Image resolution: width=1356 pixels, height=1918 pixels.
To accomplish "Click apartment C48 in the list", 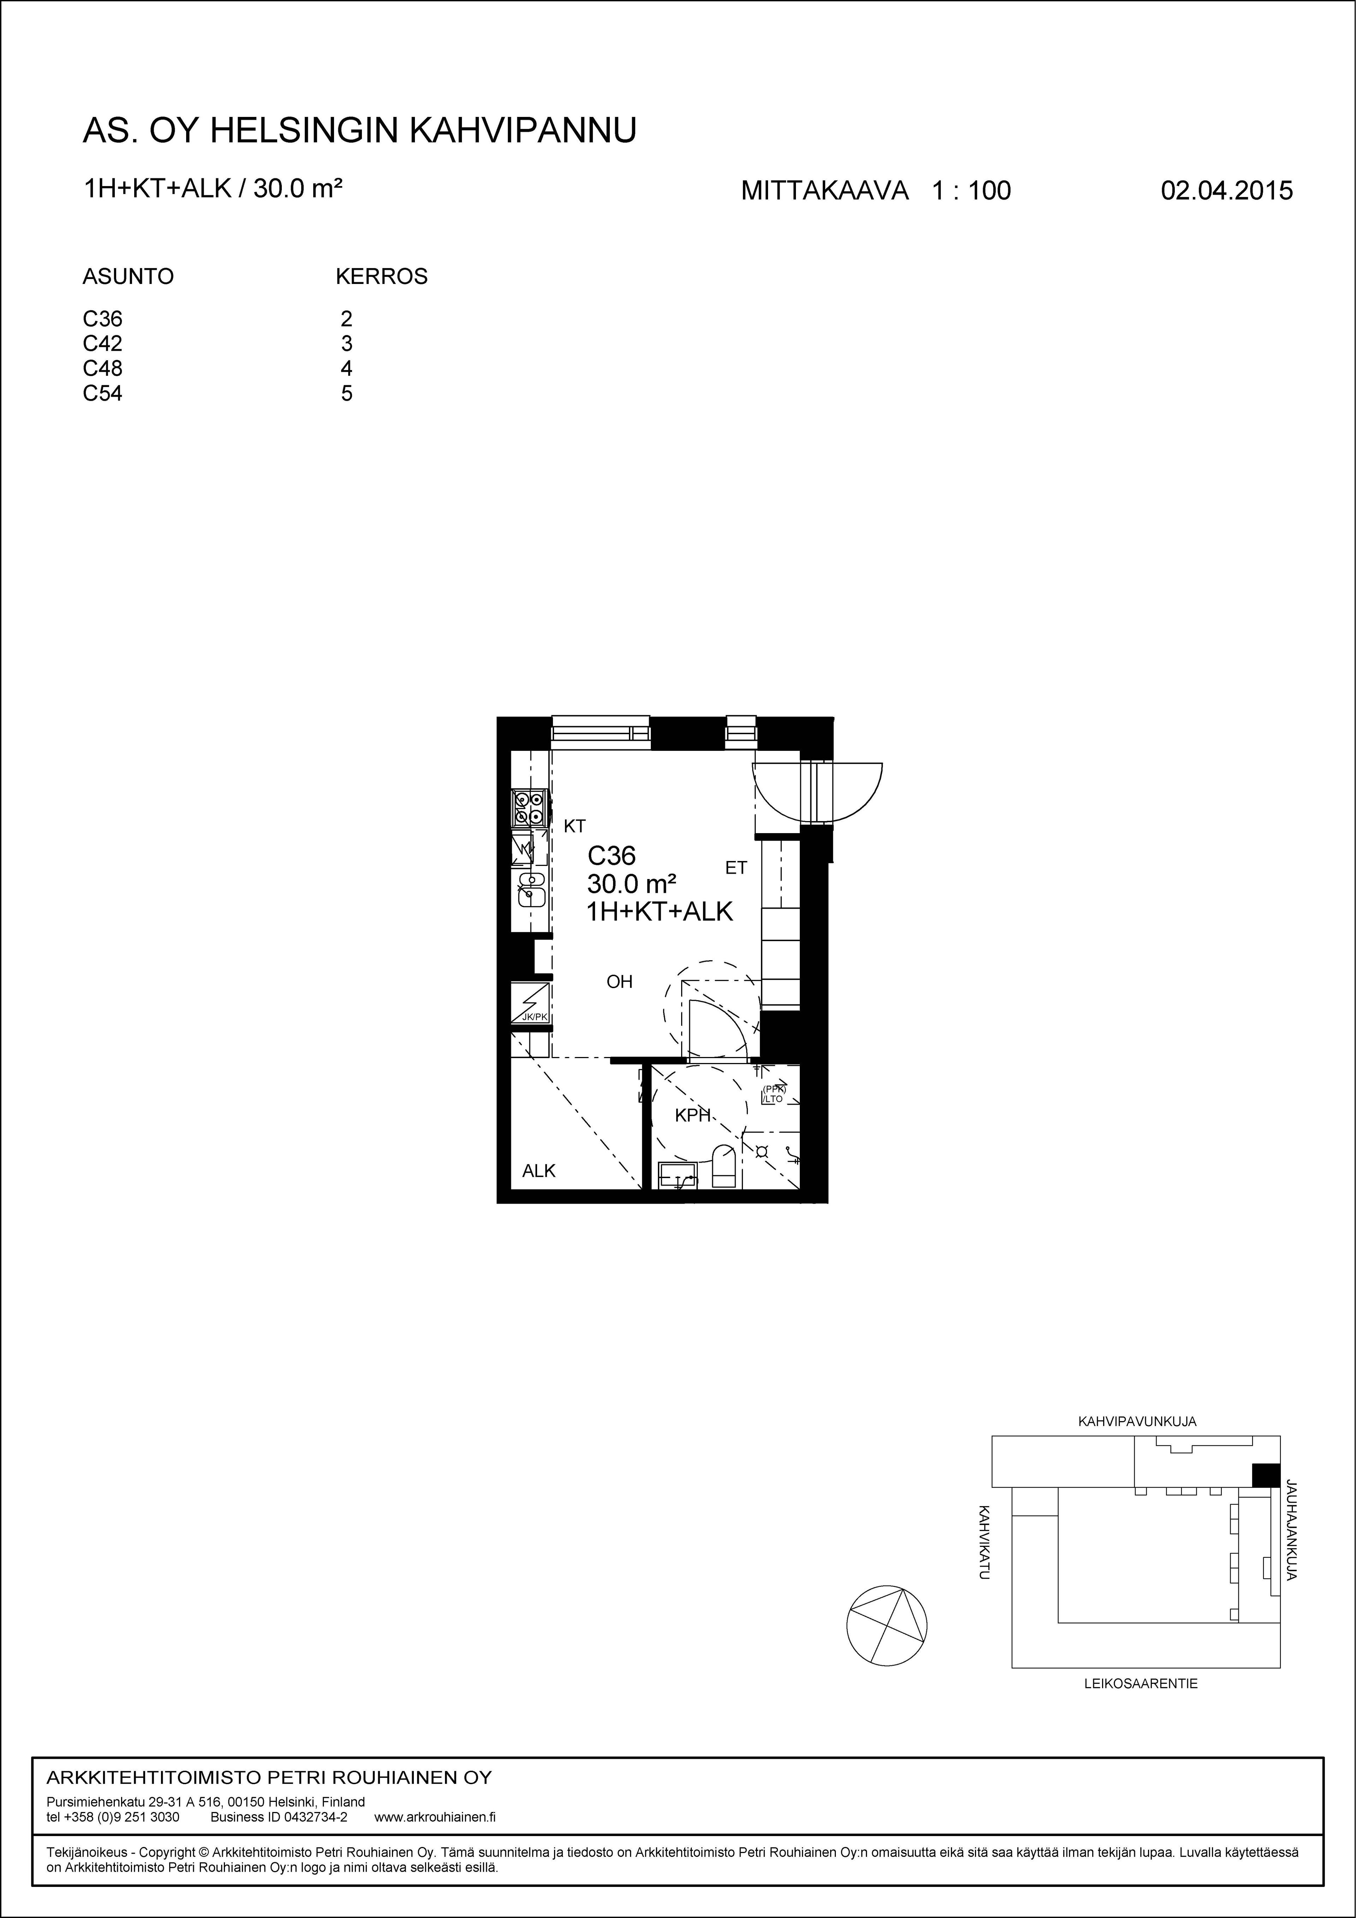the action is click(103, 368).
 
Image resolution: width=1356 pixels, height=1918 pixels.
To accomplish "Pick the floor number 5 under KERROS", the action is click(347, 393).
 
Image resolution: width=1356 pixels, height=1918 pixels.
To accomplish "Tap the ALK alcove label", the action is click(539, 1170).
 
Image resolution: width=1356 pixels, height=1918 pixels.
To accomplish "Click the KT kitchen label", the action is click(575, 826).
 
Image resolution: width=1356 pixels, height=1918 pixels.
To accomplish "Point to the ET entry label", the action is click(736, 868).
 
